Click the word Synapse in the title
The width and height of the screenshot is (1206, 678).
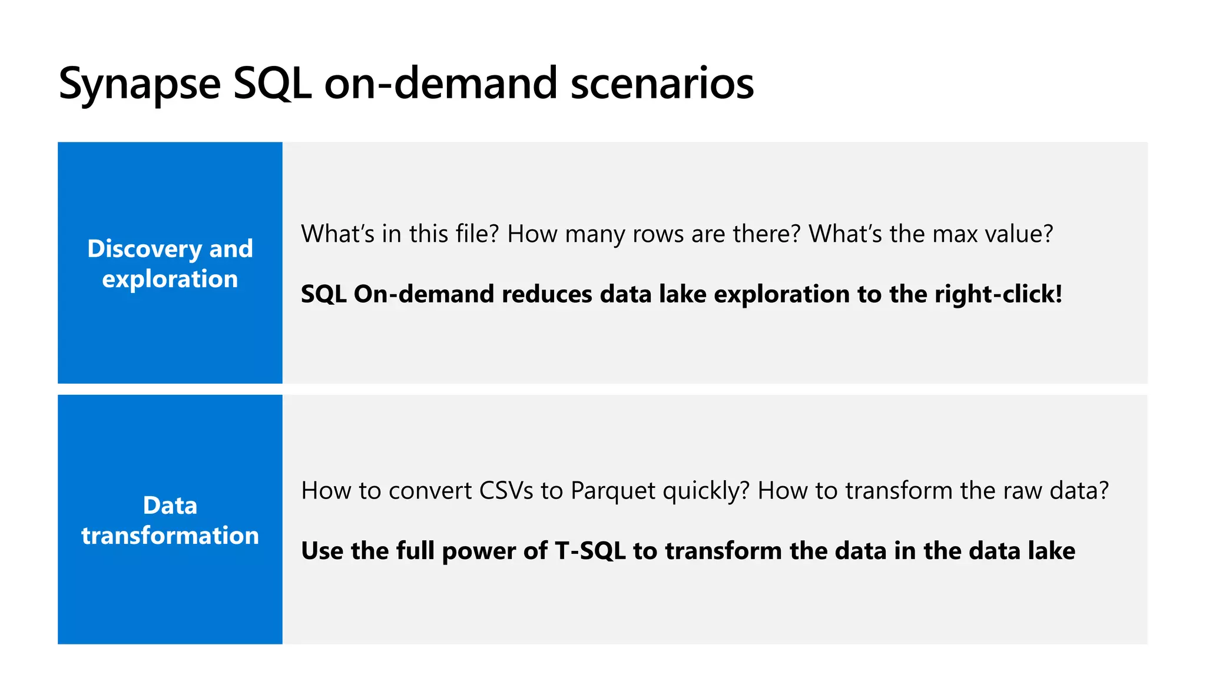pos(140,84)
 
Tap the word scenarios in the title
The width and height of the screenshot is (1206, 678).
pos(662,83)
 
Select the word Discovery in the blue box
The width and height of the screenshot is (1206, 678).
pos(144,249)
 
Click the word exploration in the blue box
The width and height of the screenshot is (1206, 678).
pos(170,279)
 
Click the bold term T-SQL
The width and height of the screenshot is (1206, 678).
pos(590,551)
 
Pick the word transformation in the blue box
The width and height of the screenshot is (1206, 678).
pos(170,536)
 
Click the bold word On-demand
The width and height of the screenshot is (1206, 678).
pos(423,294)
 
